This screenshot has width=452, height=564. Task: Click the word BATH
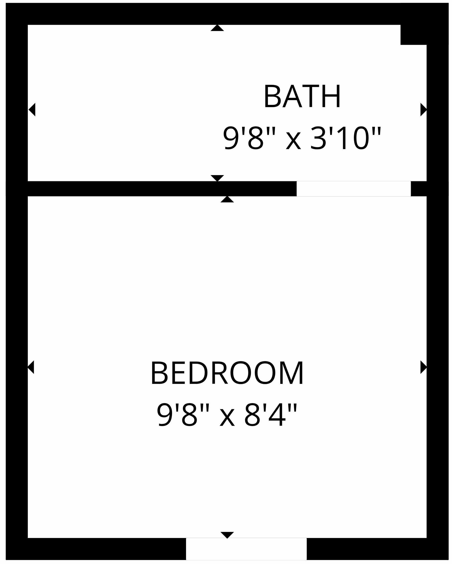coord(302,96)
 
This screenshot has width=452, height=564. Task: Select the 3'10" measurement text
coord(345,138)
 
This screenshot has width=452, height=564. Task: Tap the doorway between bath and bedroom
coord(353,189)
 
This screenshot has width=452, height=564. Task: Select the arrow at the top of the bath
coord(217,28)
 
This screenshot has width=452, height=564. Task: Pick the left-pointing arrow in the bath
coord(32,110)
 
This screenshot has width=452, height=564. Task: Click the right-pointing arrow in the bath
coord(424,110)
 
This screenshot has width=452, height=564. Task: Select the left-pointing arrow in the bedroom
coord(31,367)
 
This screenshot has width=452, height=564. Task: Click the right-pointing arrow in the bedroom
coord(424,367)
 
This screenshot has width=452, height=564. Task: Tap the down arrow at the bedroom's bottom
coord(227,535)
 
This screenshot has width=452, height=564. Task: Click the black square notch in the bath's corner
coord(413,35)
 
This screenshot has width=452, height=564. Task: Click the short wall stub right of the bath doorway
coord(419,189)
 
